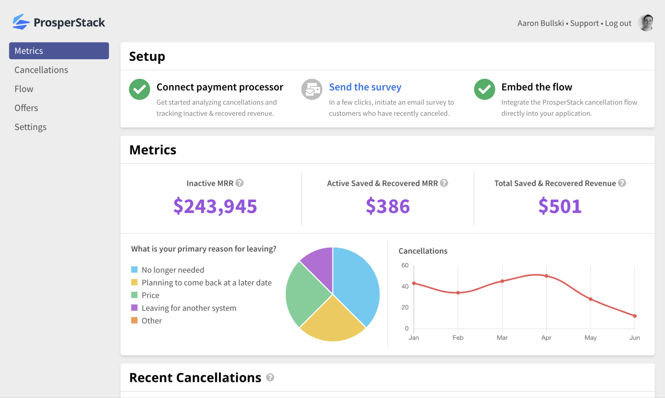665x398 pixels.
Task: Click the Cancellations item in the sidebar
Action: click(x=41, y=70)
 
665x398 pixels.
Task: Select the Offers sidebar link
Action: click(x=26, y=108)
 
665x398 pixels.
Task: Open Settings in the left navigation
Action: click(x=30, y=127)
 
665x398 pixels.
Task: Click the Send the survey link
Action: click(x=365, y=87)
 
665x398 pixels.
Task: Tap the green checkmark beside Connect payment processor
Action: click(x=139, y=89)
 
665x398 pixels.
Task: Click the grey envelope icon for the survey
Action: click(x=312, y=89)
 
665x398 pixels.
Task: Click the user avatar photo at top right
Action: click(x=647, y=23)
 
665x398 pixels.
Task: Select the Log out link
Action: click(x=618, y=23)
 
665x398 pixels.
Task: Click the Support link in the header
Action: click(x=584, y=23)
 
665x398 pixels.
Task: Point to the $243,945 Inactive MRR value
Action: click(x=215, y=206)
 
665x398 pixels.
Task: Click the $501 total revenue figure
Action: click(x=560, y=206)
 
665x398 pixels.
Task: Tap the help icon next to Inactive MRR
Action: click(x=239, y=183)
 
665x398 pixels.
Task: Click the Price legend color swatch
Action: click(x=135, y=295)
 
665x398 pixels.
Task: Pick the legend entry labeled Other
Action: click(x=152, y=320)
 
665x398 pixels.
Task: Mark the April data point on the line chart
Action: click(x=546, y=276)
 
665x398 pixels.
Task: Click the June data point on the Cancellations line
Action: click(x=635, y=316)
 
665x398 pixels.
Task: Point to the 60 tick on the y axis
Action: click(x=405, y=266)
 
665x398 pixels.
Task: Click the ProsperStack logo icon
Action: click(x=21, y=22)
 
